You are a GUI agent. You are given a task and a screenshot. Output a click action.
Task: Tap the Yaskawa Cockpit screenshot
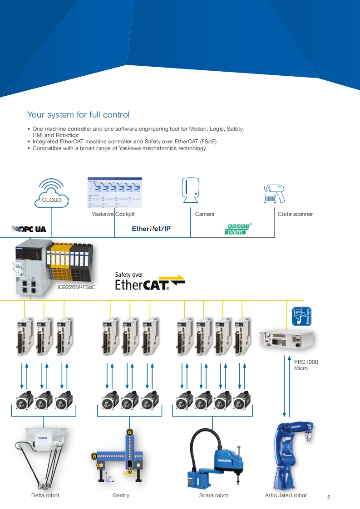pos(114,192)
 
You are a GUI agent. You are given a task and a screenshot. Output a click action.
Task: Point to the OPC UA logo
pos(29,229)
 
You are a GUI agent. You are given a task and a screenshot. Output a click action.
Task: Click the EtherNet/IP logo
pos(152,229)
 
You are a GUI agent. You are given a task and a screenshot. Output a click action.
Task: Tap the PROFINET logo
pos(238,229)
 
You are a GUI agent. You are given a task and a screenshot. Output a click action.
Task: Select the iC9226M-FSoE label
pos(77,287)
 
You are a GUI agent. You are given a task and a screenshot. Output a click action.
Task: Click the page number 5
pos(329,497)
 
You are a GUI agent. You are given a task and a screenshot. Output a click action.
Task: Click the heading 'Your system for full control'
pos(78,115)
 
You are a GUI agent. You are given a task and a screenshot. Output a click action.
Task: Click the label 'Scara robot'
pos(213,495)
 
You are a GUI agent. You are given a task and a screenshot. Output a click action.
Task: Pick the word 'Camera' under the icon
pos(204,214)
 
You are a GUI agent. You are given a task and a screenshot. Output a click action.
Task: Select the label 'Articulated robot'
pos(286,495)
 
